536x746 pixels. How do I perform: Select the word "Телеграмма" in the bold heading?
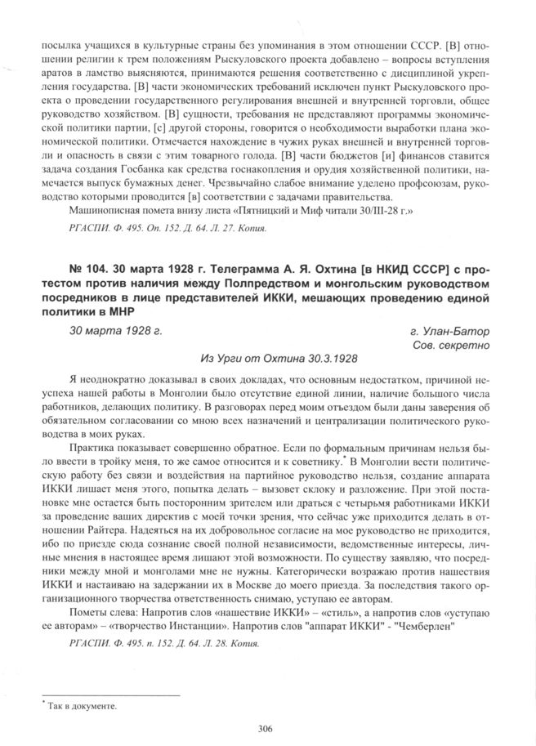coord(255,269)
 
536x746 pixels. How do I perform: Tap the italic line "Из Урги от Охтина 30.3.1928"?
coord(278,359)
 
